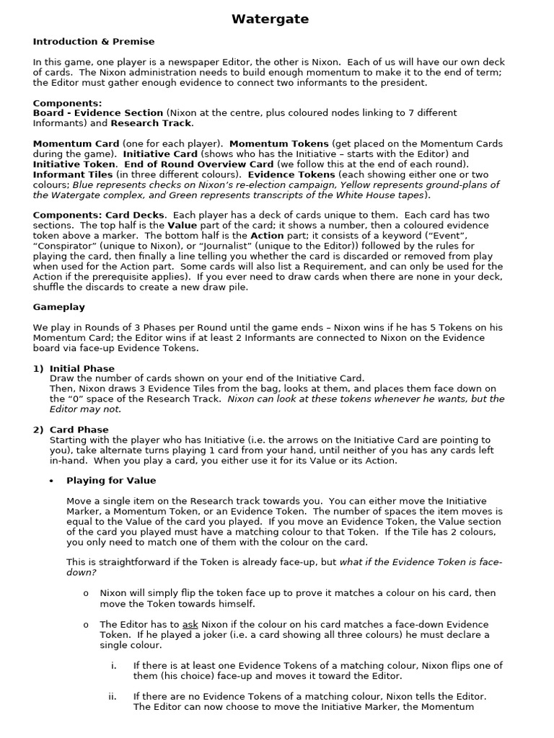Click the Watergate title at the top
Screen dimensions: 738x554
(270, 19)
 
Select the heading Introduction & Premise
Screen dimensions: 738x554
(94, 42)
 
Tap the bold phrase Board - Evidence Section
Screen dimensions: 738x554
(98, 113)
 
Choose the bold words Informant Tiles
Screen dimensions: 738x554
(74, 174)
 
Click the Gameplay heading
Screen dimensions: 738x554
(58, 307)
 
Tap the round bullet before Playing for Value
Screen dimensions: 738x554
(51, 481)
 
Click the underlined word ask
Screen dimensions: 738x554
(190, 624)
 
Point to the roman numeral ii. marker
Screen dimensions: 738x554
(113, 696)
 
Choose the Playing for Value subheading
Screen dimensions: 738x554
(111, 481)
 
